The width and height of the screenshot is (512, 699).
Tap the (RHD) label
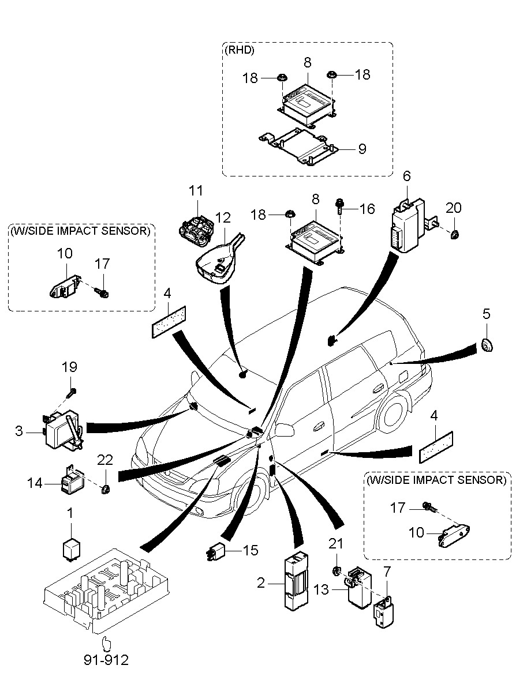(239, 50)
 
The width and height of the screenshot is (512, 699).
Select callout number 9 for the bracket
(362, 149)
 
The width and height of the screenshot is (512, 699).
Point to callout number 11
(196, 190)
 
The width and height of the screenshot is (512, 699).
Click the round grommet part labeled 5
(487, 345)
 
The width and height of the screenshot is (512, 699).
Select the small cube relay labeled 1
(71, 548)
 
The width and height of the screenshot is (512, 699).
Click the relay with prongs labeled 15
(215, 553)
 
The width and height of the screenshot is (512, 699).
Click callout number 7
(387, 572)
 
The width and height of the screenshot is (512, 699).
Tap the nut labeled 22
(106, 490)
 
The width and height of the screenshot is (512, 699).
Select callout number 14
(35, 483)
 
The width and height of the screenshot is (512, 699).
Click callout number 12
(223, 217)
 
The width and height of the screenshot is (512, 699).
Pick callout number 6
(407, 175)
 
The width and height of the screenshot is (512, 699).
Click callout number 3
(19, 430)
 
